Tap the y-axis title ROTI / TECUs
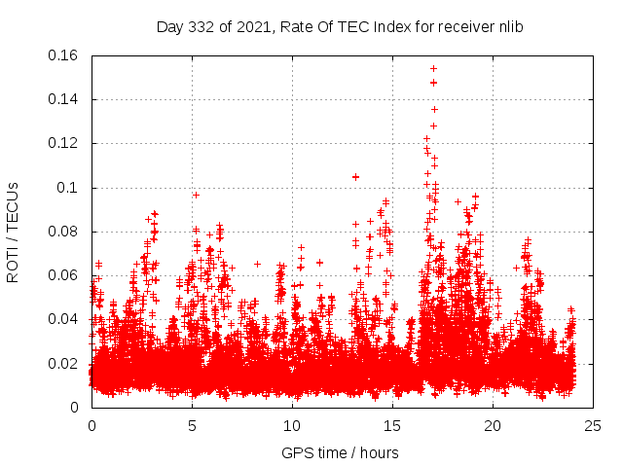[x=13, y=232]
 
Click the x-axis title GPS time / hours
[x=340, y=452]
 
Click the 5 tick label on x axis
[x=192, y=425]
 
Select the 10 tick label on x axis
[x=292, y=425]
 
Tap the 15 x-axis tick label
[x=392, y=425]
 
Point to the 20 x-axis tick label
[x=493, y=425]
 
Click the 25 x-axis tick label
[x=593, y=425]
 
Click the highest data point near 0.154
[x=433, y=68]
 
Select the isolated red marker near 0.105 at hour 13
[x=355, y=177]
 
